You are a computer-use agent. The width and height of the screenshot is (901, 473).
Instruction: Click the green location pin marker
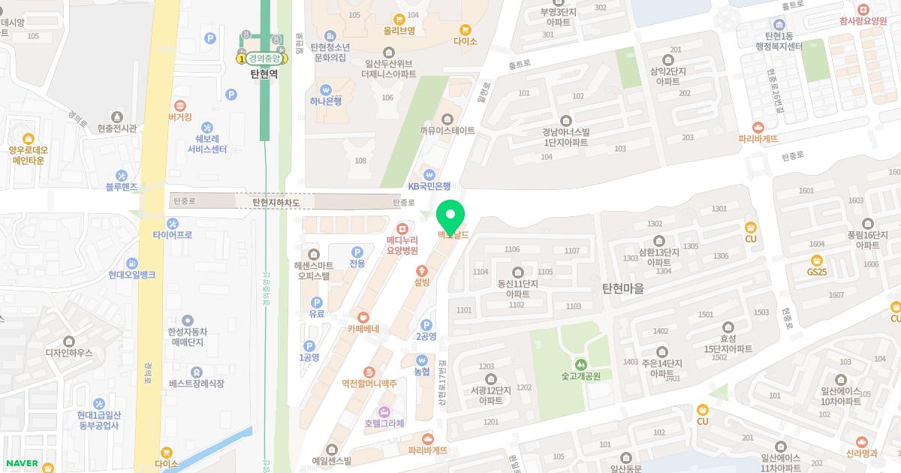(450, 215)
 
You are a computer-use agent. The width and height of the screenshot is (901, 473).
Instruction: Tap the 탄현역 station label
(270, 74)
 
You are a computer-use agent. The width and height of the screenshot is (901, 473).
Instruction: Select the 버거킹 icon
(180, 106)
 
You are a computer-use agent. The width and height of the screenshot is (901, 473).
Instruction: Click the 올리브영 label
(399, 31)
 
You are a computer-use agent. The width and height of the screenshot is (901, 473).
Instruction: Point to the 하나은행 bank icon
(326, 89)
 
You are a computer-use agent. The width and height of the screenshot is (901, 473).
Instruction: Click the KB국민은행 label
(429, 186)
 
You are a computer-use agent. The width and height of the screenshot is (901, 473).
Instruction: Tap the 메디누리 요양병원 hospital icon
(402, 227)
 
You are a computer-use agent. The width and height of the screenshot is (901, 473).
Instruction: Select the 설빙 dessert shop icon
(422, 270)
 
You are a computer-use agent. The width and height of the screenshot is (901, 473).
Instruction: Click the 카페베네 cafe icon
(363, 317)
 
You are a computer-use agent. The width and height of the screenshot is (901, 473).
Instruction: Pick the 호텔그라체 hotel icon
(384, 411)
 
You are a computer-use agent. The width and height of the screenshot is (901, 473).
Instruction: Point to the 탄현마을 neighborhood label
(622, 288)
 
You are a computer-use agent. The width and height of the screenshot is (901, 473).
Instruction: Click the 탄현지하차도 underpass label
(276, 203)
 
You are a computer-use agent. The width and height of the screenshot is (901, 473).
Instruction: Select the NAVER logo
(21, 463)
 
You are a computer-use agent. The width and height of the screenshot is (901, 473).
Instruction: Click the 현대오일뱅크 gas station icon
(131, 264)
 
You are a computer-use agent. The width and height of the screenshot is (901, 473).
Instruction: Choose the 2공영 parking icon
(426, 324)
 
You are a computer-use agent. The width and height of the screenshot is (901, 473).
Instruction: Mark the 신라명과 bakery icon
(861, 441)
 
